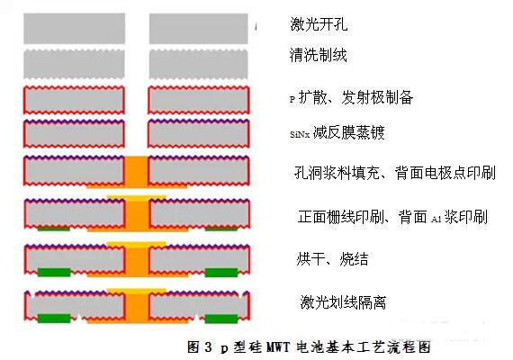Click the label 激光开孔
319,24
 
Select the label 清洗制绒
318,55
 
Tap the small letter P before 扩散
292,98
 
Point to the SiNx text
300,134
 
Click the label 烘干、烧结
332,259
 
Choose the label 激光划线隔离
343,301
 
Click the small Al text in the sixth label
436,219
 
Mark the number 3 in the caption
209,346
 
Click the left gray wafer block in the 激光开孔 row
75,29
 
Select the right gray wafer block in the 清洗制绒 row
198,64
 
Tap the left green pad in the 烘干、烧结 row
54,273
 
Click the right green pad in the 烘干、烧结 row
221,273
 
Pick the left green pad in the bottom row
54,319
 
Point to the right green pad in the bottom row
221,319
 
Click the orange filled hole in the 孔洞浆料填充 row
137,172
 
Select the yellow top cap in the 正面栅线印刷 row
137,198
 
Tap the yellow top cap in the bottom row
137,291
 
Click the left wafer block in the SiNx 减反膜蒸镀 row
75,134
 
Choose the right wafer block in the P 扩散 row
198,100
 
